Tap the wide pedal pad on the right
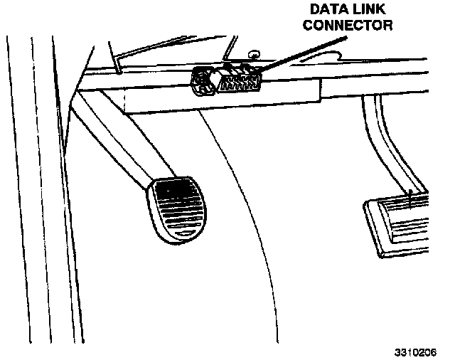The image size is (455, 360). [x=405, y=221]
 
